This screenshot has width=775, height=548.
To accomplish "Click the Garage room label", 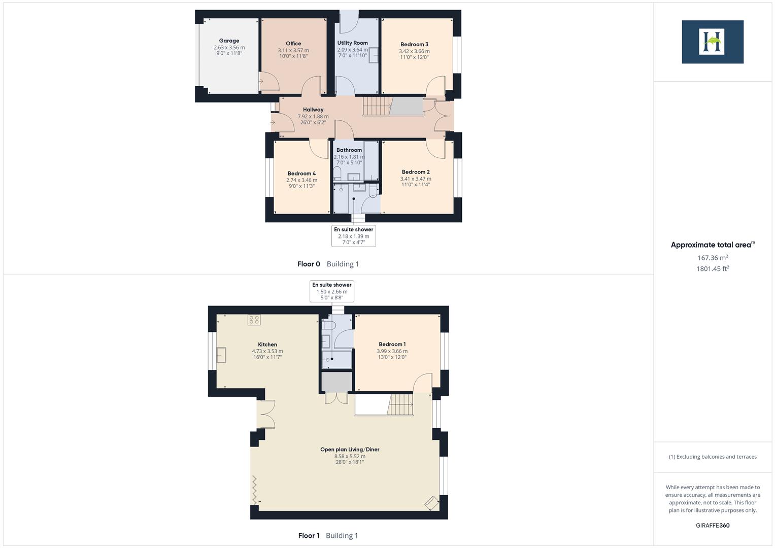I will pyautogui.click(x=229, y=41).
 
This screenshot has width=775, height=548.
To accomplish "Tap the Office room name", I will pyautogui.click(x=293, y=44).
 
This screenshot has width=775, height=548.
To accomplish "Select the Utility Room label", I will pyautogui.click(x=352, y=43).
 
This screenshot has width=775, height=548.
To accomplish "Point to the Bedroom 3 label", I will pyautogui.click(x=414, y=45).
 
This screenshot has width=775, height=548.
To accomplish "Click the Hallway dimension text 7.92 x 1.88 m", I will pyautogui.click(x=313, y=116).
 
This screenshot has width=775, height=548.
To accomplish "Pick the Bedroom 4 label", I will pyautogui.click(x=301, y=174).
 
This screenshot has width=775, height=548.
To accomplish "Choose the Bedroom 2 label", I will pyautogui.click(x=416, y=172).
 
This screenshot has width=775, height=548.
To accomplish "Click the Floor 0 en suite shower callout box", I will pyautogui.click(x=353, y=236).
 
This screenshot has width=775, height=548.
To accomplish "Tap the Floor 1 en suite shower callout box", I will pyautogui.click(x=332, y=291).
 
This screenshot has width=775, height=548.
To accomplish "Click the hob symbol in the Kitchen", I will pyautogui.click(x=254, y=320).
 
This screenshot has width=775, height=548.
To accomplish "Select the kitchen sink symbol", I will pyautogui.click(x=222, y=355).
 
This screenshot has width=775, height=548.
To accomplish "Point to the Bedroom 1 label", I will pyautogui.click(x=392, y=345).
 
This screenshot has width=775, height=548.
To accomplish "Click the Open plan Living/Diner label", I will pyautogui.click(x=350, y=450).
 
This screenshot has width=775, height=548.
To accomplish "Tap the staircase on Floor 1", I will pyautogui.click(x=400, y=405).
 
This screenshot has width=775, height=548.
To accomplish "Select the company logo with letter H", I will pyautogui.click(x=712, y=42).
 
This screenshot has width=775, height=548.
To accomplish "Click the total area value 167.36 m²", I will pyautogui.click(x=713, y=258).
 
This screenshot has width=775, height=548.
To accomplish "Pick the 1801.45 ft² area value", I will pyautogui.click(x=713, y=269).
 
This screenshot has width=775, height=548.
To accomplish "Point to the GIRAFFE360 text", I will pyautogui.click(x=712, y=526).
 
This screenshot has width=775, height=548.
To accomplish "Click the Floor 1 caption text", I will pyautogui.click(x=309, y=535).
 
